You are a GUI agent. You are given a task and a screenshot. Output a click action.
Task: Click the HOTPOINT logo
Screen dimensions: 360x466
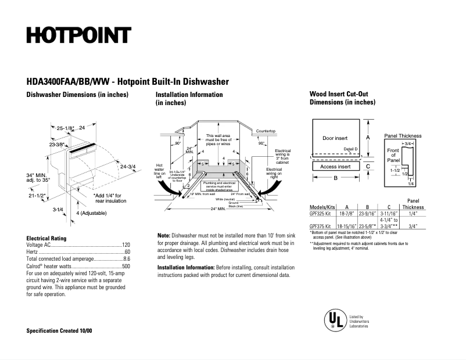(79, 35)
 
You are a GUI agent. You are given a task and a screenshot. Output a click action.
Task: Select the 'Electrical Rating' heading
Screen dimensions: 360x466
(46, 238)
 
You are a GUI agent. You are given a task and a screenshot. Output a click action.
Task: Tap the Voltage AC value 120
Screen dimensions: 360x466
(126, 245)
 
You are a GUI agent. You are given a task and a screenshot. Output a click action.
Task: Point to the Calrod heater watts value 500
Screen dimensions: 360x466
(126, 266)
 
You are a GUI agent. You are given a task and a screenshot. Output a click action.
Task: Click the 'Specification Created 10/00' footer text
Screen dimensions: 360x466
(59, 330)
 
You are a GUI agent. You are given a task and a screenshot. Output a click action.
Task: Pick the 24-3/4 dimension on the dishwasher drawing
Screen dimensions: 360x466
(127, 167)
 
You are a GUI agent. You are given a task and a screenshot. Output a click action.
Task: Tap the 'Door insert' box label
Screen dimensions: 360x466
(335, 138)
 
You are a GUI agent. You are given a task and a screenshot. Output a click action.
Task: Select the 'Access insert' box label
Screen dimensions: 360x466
(335, 167)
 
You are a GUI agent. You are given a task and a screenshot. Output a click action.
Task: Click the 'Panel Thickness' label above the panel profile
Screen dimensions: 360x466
(403, 136)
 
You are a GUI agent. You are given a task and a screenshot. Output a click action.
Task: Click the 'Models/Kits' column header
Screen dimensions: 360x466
(322, 207)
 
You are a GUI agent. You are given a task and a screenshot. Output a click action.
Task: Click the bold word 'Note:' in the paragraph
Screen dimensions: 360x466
(164, 235)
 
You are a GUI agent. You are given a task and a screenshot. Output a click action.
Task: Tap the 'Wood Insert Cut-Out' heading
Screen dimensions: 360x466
(338, 94)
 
